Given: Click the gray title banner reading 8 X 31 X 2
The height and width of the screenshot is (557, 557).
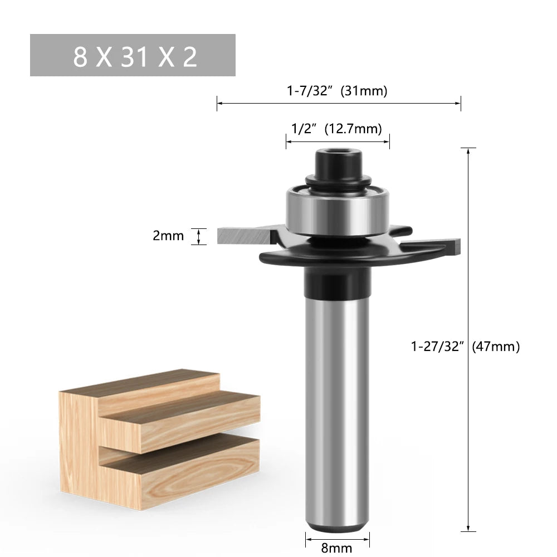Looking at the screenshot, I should pyautogui.click(x=133, y=55).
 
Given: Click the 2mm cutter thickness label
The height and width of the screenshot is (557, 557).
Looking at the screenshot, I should pyautogui.click(x=168, y=236).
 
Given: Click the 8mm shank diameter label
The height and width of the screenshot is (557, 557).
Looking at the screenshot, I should pyautogui.click(x=337, y=548).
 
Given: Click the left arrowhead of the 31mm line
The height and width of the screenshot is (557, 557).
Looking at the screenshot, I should pyautogui.click(x=219, y=102).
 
